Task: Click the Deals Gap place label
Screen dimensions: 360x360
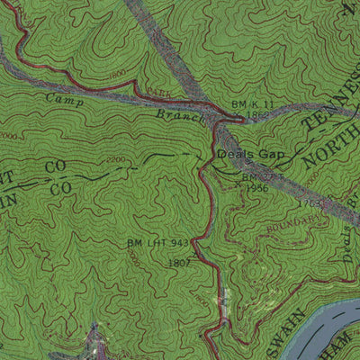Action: (251, 155)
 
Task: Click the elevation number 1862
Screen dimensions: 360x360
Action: (257, 116)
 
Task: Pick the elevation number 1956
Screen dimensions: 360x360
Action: (256, 188)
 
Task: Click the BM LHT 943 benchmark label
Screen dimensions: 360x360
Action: (157, 244)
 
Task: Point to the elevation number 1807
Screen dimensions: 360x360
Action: (178, 262)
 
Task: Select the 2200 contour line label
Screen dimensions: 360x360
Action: (116, 159)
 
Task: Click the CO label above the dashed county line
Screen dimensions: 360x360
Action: (56, 167)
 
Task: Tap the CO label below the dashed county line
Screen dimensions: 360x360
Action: (61, 189)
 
